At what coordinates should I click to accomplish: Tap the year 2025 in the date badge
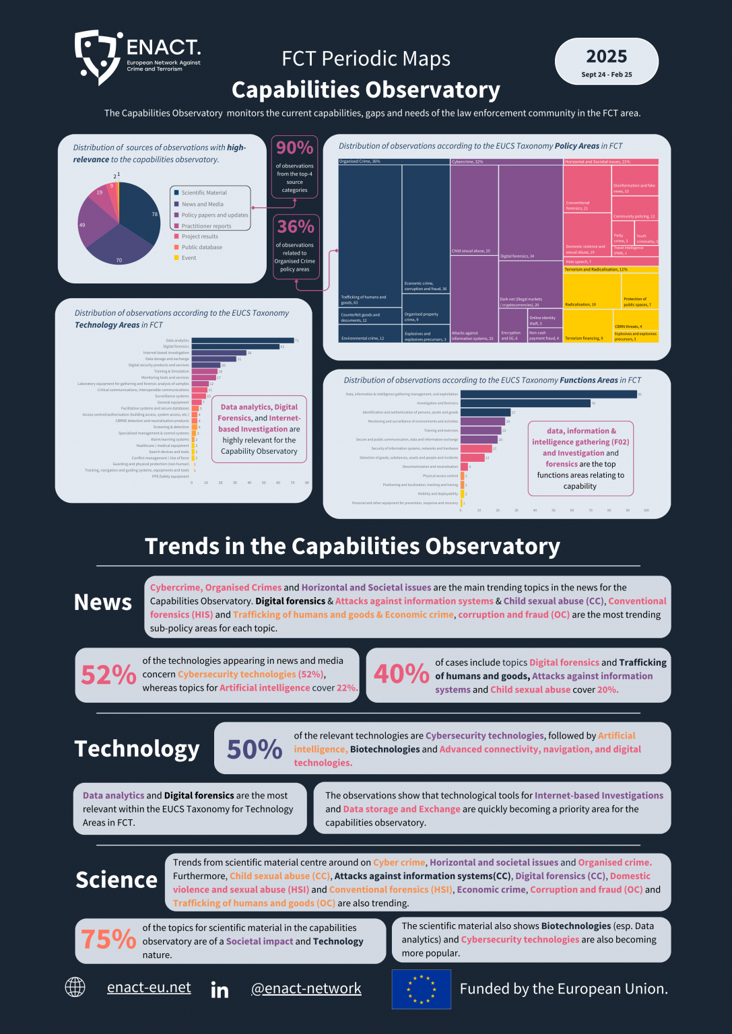(x=606, y=57)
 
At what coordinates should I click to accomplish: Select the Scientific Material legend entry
(x=204, y=193)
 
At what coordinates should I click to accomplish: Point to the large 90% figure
(x=295, y=147)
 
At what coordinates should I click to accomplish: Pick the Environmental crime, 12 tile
(x=370, y=333)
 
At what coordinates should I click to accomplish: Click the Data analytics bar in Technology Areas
(x=242, y=341)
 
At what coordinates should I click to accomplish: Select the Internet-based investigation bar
(x=219, y=353)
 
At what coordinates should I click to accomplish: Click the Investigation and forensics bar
(x=525, y=403)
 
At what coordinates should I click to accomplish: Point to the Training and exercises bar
(x=481, y=430)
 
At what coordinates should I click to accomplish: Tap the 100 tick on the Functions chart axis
(x=646, y=510)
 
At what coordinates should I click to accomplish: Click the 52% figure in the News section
(x=108, y=675)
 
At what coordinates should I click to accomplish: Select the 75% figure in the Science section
(x=108, y=939)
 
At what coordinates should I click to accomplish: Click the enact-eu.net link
(x=149, y=988)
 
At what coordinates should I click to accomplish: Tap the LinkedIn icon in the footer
(x=220, y=990)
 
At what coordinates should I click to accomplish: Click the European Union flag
(x=422, y=989)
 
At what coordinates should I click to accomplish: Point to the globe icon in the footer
(x=75, y=988)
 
